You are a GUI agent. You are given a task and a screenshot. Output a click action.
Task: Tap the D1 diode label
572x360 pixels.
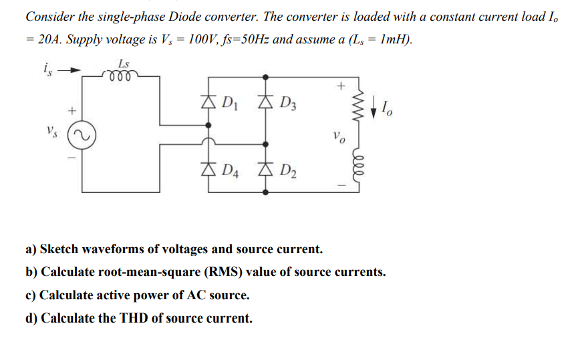[x=229, y=105]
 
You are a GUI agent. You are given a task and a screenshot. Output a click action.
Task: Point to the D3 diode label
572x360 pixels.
[x=289, y=105]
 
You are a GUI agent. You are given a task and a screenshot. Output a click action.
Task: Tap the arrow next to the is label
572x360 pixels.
[x=72, y=68]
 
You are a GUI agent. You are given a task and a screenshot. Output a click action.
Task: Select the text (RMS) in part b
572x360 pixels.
[x=236, y=273]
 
